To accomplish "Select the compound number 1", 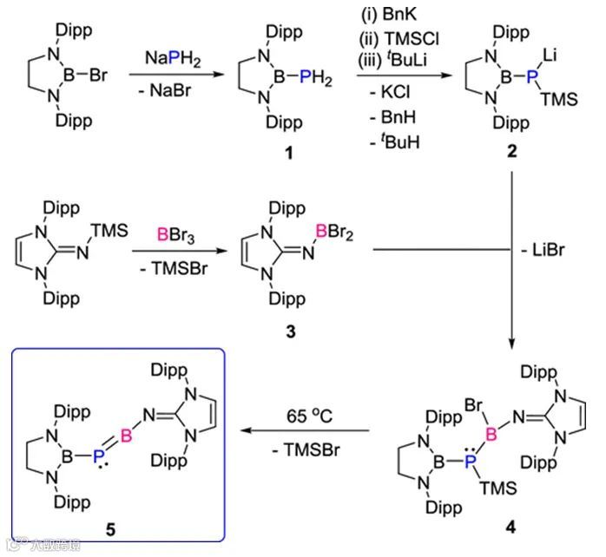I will [x=275, y=154].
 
